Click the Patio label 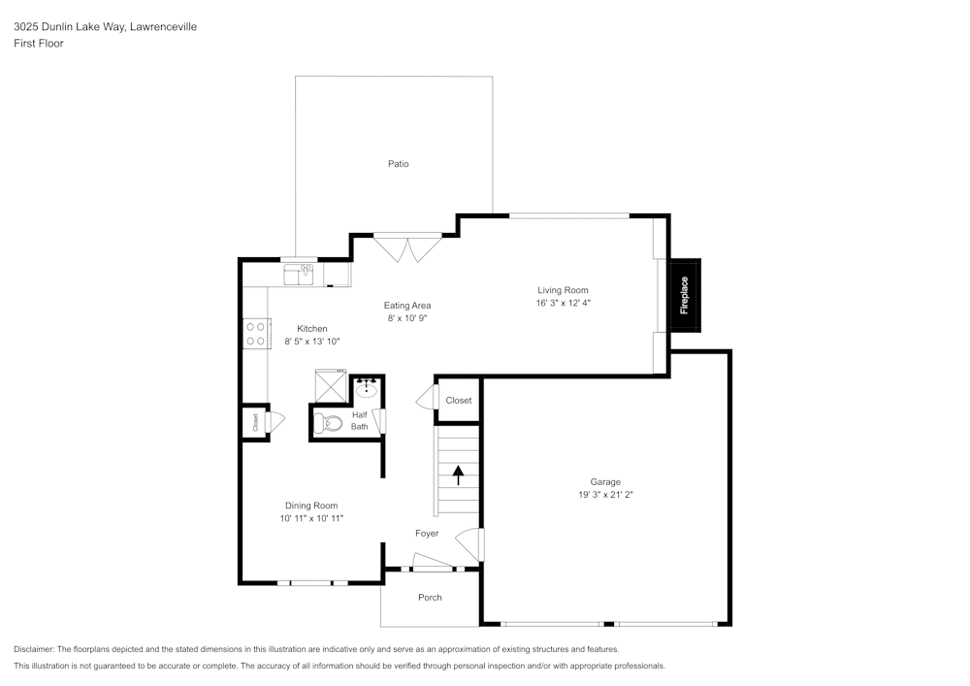tap(398, 164)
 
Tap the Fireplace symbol tap(684, 296)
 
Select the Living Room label tap(563, 290)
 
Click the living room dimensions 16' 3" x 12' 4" tap(563, 303)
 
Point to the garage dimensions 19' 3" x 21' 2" tap(605, 494)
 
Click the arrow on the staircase tap(458, 475)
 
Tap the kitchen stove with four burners tap(256, 334)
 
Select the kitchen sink tap(299, 276)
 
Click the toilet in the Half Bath tap(327, 422)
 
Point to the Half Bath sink tap(367, 390)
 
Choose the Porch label tap(430, 598)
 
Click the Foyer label tap(427, 534)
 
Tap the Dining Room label tap(311, 506)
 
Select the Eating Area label tap(407, 306)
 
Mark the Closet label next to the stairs tap(459, 401)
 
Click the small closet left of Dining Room tap(255, 422)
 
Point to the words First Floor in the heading tap(39, 44)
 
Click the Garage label tap(605, 481)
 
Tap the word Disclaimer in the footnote tap(35, 649)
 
